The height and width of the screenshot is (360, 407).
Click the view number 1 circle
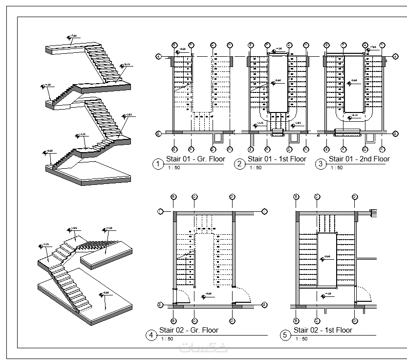point(157,164)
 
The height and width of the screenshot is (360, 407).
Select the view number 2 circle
point(239,164)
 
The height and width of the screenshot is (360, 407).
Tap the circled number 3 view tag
point(321,164)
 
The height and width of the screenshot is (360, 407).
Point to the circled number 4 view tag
point(152,335)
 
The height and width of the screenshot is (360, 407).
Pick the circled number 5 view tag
point(285,335)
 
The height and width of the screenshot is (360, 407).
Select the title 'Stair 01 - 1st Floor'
point(277,159)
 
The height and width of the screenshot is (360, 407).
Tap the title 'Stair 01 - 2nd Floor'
point(359,159)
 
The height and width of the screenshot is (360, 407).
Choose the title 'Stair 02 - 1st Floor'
point(323,330)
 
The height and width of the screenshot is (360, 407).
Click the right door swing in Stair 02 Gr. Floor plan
point(243,295)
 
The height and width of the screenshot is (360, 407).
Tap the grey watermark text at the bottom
point(203,348)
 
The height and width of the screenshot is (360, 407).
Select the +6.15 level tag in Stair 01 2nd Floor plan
point(351,116)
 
